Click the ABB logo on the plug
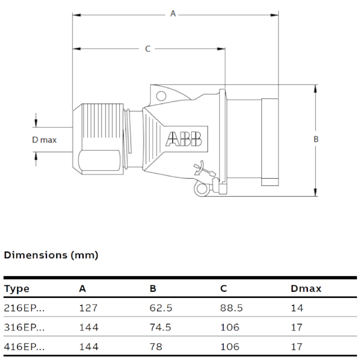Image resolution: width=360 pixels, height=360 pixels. [184, 139]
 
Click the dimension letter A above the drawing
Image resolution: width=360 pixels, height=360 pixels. [172, 14]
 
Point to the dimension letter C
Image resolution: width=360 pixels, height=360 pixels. [148, 49]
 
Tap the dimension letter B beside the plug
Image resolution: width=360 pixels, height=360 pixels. [316, 139]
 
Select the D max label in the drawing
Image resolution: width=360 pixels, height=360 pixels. [44, 140]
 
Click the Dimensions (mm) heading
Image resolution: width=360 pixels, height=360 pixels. [51, 255]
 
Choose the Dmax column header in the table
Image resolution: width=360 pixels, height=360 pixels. [306, 288]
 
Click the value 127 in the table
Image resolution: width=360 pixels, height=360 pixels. [88, 308]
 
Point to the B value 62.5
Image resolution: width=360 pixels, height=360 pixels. [161, 308]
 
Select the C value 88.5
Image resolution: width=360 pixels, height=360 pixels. [232, 308]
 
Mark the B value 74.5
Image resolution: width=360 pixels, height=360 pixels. [161, 328]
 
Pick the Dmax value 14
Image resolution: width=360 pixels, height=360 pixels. [297, 308]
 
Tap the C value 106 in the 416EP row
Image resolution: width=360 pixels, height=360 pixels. [230, 347]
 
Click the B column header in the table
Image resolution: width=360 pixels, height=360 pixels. [153, 288]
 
